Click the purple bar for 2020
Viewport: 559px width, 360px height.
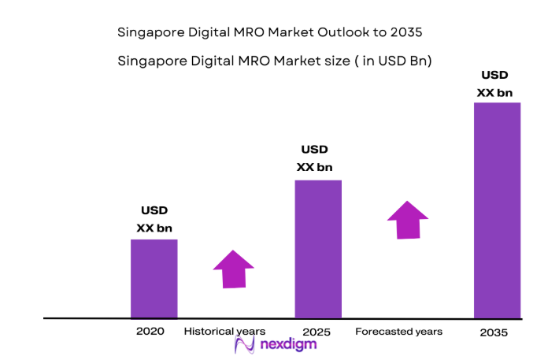point(154,278)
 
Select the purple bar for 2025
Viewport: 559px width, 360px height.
point(317,249)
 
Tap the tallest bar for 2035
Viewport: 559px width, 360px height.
point(497,210)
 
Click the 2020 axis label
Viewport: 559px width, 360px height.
point(150,332)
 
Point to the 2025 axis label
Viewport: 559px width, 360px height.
point(317,332)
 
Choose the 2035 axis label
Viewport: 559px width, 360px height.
point(494,332)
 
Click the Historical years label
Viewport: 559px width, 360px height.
point(224,332)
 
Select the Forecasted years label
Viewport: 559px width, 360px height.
point(398,332)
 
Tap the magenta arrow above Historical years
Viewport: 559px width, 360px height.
point(234,269)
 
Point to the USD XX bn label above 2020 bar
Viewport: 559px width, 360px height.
point(154,220)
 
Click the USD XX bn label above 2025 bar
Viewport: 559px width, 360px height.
point(314,158)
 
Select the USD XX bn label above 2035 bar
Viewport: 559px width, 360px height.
point(494,84)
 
